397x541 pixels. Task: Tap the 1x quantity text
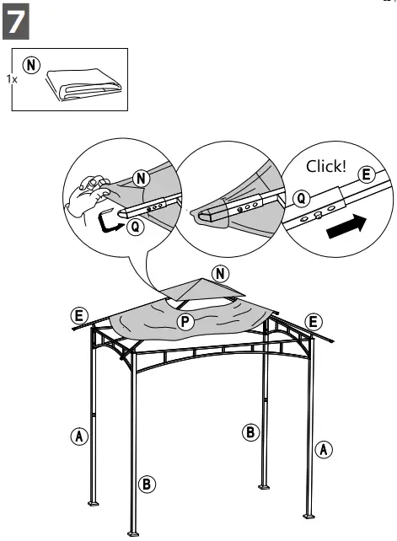coord(11,78)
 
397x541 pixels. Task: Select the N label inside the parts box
coord(33,65)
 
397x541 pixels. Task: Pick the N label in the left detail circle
coord(142,178)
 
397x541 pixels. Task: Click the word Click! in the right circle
coord(325,166)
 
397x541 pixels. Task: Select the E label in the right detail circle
coord(366,174)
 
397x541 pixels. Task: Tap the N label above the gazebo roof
coord(221,273)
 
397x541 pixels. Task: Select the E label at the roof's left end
coord(79,316)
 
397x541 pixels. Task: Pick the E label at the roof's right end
coord(313,322)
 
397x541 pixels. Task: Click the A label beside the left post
coord(78,436)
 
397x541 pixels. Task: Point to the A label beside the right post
coord(323,448)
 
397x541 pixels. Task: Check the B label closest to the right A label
coord(250,432)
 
